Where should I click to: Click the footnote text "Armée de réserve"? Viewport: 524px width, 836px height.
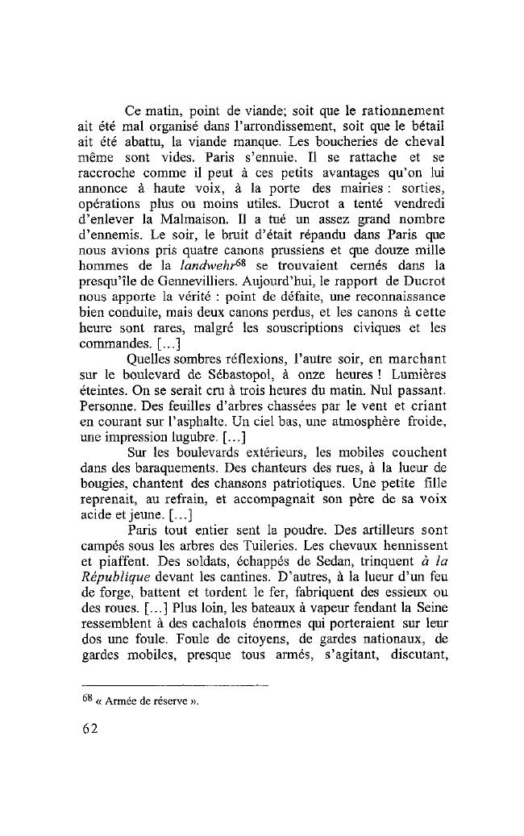click(150, 701)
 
